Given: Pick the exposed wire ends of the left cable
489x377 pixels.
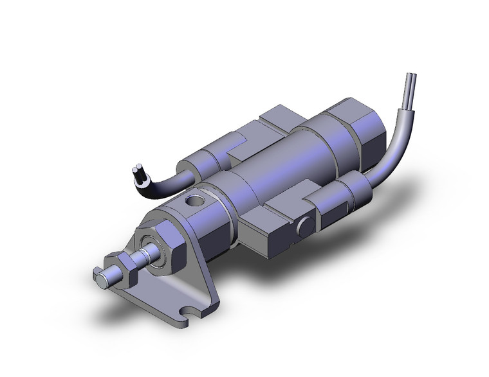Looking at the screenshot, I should tap(136, 171).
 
